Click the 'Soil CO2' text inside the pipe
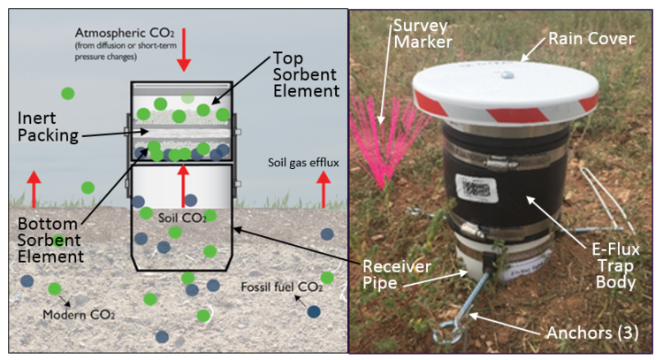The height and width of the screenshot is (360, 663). tap(182, 216)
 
